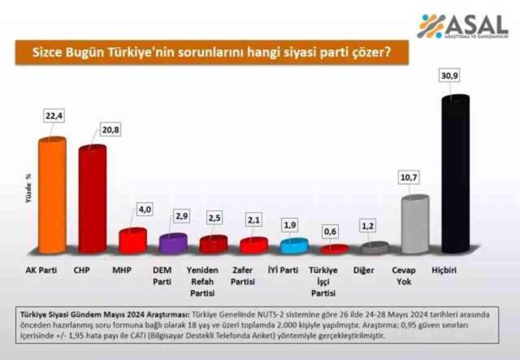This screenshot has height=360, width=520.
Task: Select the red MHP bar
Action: point(132,241)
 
